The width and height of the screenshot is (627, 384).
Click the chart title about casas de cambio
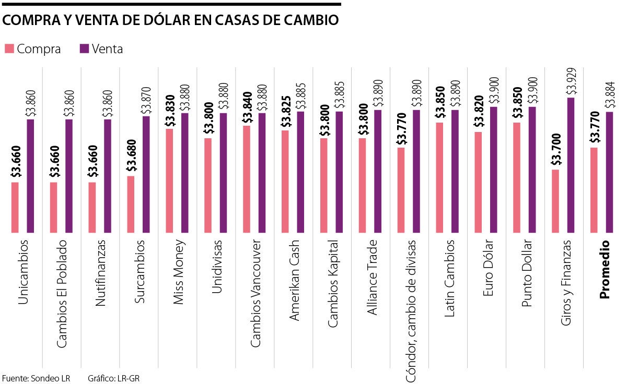coord(170,20)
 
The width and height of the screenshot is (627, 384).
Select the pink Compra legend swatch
coord(9,49)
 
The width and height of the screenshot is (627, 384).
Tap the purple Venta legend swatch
coord(84,49)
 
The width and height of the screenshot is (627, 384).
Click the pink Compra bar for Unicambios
coord(15,207)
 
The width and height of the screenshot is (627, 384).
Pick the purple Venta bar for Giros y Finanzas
coord(571,165)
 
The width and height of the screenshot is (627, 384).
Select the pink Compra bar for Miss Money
coord(169,181)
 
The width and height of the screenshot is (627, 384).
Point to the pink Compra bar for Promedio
coord(594,190)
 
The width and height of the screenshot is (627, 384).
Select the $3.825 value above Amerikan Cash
coord(285,112)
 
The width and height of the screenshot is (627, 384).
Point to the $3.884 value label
coord(609,93)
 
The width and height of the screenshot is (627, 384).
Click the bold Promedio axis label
coord(605,269)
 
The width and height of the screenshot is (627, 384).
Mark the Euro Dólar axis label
coord(487,267)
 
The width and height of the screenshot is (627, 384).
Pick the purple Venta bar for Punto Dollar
coord(532,170)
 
